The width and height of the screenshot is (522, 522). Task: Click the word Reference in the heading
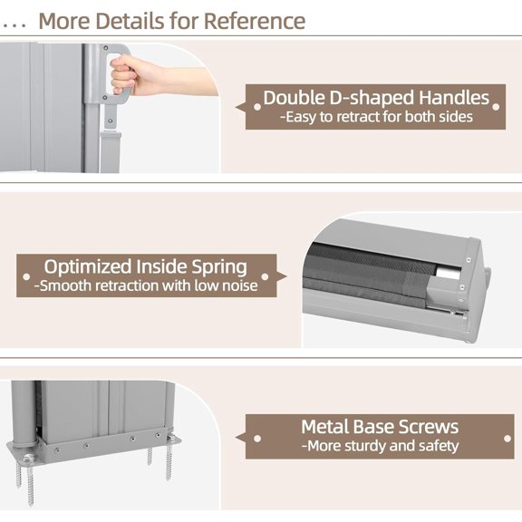pos(255,21)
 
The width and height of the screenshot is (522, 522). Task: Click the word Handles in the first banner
pos(454,98)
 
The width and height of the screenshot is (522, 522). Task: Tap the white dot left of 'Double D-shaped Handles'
pos(257,107)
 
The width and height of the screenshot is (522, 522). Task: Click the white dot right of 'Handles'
pos(496,107)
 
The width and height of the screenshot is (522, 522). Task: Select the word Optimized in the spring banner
pos(88,267)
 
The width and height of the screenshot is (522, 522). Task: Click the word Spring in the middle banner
pos(219,267)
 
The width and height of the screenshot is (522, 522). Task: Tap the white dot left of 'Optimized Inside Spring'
pos(26,276)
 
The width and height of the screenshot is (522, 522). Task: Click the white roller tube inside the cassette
pos(449,271)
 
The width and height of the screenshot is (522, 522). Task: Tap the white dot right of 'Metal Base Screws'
pos(507,439)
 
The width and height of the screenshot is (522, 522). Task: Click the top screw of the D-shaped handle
pos(105,48)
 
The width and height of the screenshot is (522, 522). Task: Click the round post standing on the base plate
pos(24,413)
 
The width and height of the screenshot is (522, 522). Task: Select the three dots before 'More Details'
pos(13,25)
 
